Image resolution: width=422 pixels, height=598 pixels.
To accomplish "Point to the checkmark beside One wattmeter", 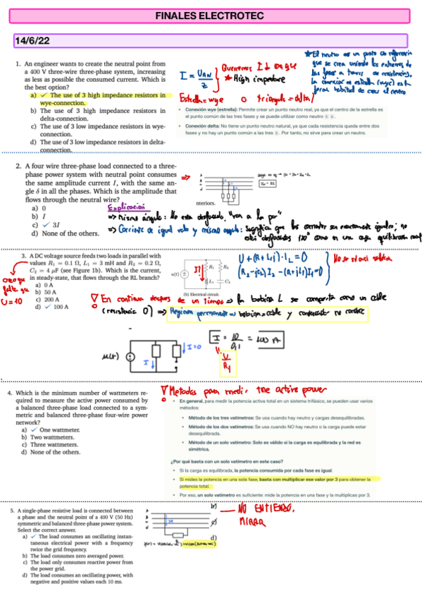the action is coord(35,429).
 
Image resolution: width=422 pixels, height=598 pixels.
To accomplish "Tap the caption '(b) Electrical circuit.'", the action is coord(202,294).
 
